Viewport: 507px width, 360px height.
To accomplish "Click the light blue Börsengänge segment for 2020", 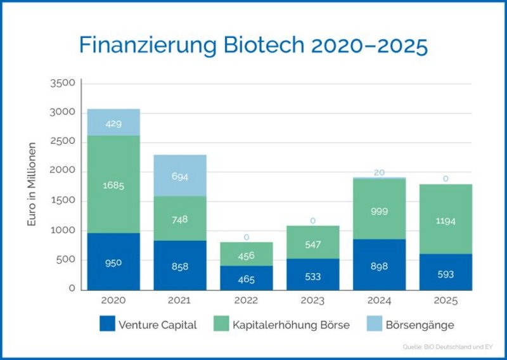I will coord(113,122).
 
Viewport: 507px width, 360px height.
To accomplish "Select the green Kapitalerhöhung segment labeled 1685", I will coord(113,185).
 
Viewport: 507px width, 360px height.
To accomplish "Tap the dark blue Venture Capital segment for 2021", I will coord(180,266).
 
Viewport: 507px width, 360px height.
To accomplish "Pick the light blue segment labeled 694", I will coord(180,176).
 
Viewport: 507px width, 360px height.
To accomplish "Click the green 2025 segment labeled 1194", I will coord(446,220).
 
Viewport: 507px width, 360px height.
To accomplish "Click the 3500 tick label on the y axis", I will coord(63,83).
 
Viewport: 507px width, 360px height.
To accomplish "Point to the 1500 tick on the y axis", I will coord(63,201).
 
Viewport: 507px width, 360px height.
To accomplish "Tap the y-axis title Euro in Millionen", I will coord(32,185).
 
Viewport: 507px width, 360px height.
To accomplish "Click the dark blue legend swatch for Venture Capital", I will coord(106,325).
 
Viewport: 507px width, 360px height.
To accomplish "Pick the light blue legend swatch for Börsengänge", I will coord(375,325).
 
